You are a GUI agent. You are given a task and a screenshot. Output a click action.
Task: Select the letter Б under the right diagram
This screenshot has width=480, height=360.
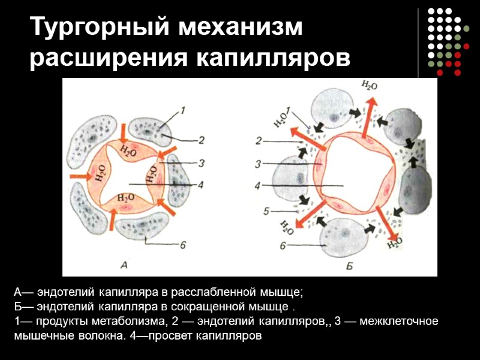(x=349, y=264)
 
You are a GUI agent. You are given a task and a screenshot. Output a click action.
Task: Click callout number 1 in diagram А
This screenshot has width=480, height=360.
(x=183, y=109)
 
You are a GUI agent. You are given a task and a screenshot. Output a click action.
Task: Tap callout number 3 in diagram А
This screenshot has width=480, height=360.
(x=202, y=162)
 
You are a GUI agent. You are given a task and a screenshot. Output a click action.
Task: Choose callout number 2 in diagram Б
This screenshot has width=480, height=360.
(x=258, y=142)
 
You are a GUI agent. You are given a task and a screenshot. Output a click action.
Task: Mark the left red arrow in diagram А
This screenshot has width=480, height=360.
(x=79, y=176)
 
